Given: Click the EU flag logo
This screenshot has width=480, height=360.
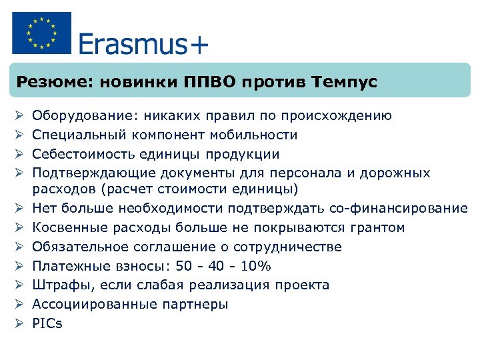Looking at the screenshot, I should pyautogui.click(x=41, y=33).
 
